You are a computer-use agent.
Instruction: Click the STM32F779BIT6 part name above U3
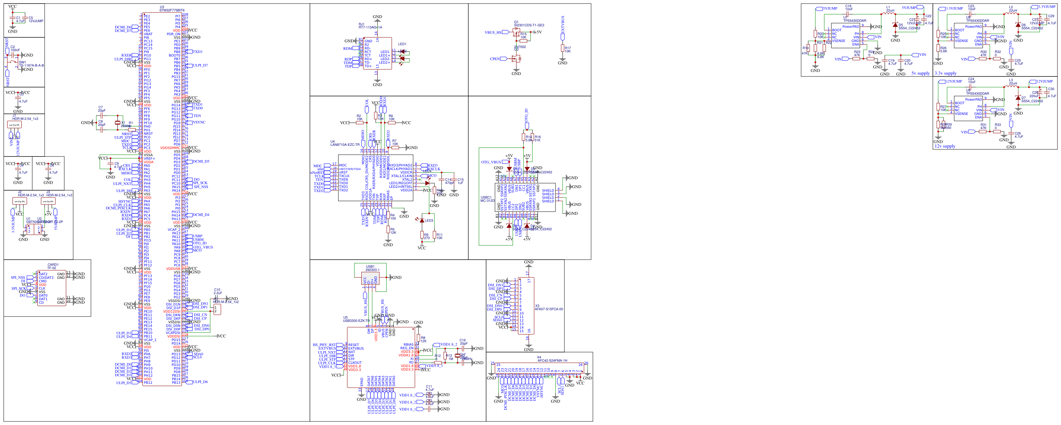pos(172,10)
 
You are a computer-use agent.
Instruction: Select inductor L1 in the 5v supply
pos(888,14)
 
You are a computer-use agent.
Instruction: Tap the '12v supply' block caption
pos(945,146)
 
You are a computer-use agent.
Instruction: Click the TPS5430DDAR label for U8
pos(977,21)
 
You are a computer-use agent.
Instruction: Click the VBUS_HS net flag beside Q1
pos(493,32)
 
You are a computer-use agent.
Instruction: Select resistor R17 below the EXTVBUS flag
pos(563,48)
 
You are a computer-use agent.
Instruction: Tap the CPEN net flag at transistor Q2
pos(495,59)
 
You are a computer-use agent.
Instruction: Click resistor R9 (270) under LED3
pos(422,235)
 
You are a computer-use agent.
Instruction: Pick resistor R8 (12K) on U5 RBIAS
pos(419,338)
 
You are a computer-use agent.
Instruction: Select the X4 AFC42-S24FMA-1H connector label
pos(552,360)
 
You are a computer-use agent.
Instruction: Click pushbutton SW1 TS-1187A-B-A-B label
pos(31,65)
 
